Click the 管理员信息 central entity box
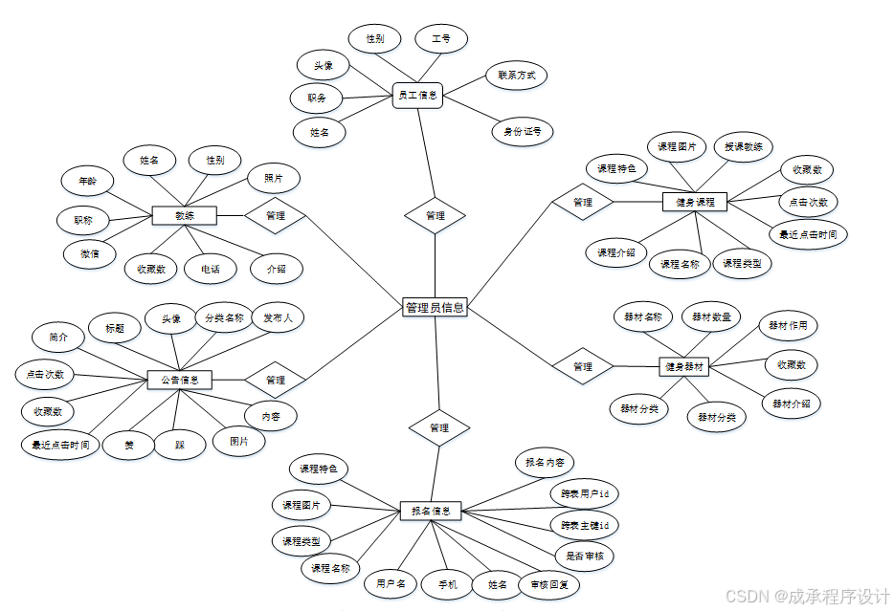click(435, 307)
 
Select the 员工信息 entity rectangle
click(417, 95)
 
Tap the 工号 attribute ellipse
click(441, 39)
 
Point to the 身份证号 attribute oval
click(522, 131)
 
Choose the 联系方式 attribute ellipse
click(516, 75)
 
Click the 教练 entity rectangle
click(184, 215)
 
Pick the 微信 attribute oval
click(90, 253)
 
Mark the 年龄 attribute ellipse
click(87, 180)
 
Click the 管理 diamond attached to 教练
click(276, 215)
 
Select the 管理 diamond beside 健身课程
click(582, 202)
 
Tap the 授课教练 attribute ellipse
click(744, 147)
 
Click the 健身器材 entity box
click(685, 366)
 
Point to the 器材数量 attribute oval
click(711, 316)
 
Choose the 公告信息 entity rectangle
click(179, 380)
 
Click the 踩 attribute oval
click(180, 445)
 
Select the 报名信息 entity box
click(430, 511)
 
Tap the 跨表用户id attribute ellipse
click(585, 493)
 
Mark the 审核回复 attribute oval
click(549, 584)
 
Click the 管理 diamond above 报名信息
click(439, 427)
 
